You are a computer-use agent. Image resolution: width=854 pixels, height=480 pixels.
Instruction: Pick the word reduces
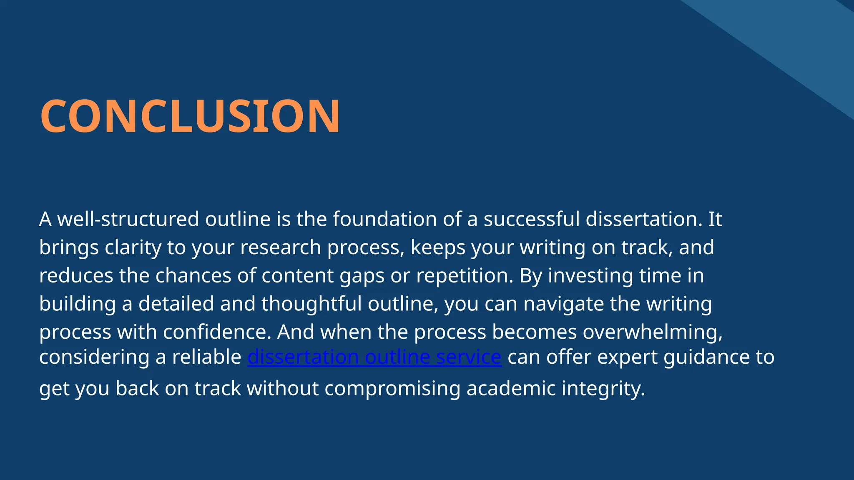point(76,276)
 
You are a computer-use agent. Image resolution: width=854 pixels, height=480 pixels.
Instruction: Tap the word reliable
point(206,357)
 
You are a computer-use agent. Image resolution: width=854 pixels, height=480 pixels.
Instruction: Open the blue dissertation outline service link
point(374,357)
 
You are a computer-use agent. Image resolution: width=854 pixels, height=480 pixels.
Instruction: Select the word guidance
point(704,357)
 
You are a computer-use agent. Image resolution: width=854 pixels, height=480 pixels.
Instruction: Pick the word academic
point(511,388)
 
